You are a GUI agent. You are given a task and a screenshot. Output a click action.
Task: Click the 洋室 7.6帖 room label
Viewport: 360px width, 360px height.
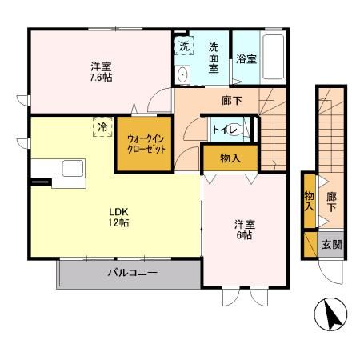click(102, 73)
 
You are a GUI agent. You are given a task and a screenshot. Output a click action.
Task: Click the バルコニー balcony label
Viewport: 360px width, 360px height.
click(132, 273)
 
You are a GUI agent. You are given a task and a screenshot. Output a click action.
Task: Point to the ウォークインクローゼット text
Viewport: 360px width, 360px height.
click(144, 144)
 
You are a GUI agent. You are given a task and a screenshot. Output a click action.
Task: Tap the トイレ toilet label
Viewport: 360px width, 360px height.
click(224, 127)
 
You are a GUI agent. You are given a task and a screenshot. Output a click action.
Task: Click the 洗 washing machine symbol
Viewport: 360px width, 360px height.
click(184, 46)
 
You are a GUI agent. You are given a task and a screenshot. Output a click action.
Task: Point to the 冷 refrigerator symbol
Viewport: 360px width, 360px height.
click(102, 126)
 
